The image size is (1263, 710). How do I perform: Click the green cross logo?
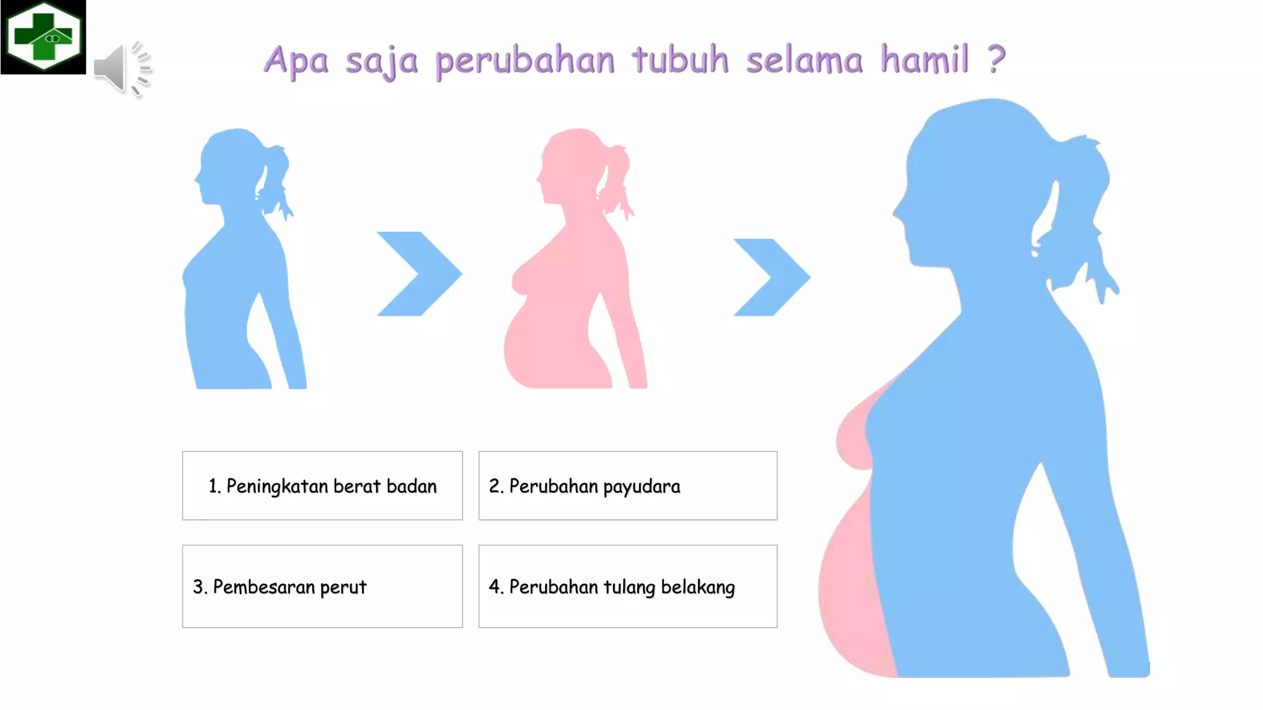43,36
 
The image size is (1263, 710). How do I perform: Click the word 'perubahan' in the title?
525,60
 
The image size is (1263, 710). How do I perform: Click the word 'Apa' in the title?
296,61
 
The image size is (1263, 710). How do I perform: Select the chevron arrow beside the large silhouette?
771,277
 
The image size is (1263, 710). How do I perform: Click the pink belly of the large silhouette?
854,592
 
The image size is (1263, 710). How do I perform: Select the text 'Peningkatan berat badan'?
331,486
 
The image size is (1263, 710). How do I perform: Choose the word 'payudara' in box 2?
641,487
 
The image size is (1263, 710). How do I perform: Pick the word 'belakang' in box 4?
697,587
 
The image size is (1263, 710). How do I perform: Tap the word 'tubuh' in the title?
680,60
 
